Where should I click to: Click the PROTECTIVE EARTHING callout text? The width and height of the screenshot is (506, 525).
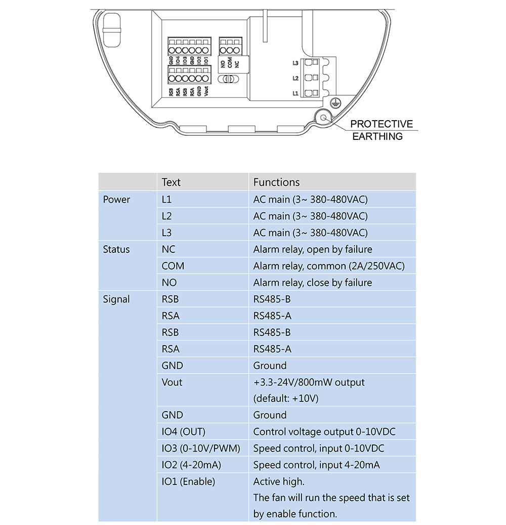381,130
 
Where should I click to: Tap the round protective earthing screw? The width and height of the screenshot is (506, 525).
323,117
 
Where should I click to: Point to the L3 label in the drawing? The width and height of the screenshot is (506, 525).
296,63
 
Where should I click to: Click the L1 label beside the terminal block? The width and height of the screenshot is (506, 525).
296,94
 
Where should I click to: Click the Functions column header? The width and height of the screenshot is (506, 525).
276,182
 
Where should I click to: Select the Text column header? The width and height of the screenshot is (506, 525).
171,182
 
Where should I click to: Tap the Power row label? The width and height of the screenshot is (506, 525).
116,200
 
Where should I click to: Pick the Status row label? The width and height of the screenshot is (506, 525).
116,249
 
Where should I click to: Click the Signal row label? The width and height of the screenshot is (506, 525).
116,299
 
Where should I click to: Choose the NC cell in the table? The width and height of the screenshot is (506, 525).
168,249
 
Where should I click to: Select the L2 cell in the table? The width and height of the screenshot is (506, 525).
166,216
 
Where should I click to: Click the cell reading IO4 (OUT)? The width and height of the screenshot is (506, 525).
183,432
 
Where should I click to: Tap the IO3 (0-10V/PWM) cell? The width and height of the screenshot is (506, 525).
201,448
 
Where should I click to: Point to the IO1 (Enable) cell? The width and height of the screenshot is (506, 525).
188,481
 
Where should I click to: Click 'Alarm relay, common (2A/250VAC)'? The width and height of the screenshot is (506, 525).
329,266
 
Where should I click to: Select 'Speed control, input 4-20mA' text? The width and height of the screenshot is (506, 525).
316,465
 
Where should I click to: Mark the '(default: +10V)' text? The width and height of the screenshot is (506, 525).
286,398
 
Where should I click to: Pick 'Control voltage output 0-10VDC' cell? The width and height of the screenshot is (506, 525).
324,432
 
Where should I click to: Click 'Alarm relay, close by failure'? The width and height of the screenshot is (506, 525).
312,283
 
